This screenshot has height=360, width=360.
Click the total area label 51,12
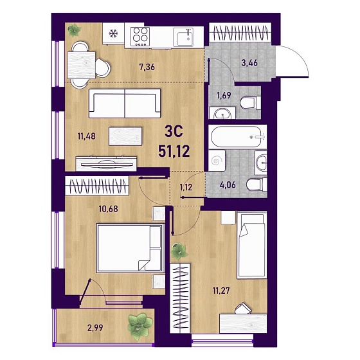(174, 151)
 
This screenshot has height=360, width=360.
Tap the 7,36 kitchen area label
(147, 67)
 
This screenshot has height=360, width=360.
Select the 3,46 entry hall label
(249, 62)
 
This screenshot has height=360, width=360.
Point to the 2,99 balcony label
(95, 328)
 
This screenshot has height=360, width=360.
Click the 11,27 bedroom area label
(221, 291)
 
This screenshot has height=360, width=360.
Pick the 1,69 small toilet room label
(224, 95)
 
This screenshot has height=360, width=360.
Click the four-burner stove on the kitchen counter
(140, 36)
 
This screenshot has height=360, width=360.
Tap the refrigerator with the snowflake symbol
(113, 33)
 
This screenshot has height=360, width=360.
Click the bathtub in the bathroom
(236, 137)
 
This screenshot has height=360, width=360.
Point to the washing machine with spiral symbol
(217, 161)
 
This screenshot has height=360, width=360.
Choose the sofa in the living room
(125, 104)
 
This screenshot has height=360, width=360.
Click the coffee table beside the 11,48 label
(125, 136)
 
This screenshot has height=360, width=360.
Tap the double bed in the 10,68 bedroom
(130, 248)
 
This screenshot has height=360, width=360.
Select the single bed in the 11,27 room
(252, 245)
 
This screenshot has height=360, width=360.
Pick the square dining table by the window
(81, 65)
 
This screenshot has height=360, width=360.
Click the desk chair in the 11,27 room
(244, 308)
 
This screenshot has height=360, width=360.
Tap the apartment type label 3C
(174, 132)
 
